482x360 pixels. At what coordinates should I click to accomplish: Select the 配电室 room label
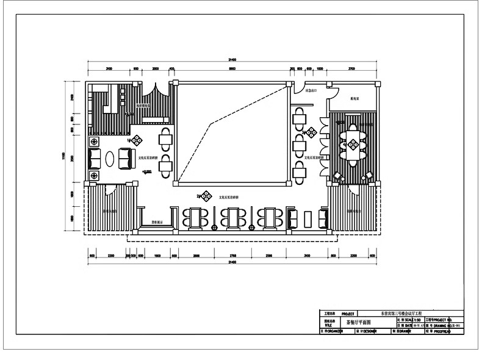[x=354, y=98]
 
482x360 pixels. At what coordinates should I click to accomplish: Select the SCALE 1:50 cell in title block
[x=410, y=319]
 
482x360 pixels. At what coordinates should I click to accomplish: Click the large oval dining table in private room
[x=352, y=145]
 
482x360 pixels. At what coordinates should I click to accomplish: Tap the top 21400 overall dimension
[x=232, y=60]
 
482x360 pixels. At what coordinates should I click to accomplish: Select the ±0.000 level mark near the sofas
[x=146, y=173]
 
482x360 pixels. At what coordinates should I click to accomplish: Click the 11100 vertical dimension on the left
[x=63, y=157]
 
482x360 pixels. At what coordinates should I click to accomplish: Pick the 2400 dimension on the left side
[x=71, y=97]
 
